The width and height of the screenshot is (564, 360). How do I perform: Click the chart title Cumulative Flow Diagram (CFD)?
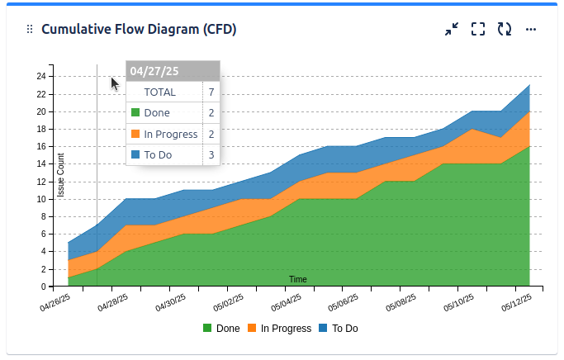[139, 30]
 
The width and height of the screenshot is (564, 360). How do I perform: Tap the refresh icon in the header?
[505, 30]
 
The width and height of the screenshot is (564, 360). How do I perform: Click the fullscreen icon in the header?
[478, 30]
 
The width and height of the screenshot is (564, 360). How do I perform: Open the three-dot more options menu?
[531, 30]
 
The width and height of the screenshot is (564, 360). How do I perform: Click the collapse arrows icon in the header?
[452, 30]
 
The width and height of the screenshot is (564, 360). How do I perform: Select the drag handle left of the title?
[30, 30]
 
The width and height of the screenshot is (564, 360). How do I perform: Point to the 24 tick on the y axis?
[40, 77]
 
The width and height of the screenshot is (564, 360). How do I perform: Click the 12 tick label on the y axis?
[40, 182]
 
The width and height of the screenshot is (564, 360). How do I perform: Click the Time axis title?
[298, 280]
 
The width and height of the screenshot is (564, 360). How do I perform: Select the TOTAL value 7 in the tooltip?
[211, 92]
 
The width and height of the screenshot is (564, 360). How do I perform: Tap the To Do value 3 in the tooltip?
[211, 154]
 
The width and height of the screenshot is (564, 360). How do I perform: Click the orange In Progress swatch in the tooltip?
[135, 134]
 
